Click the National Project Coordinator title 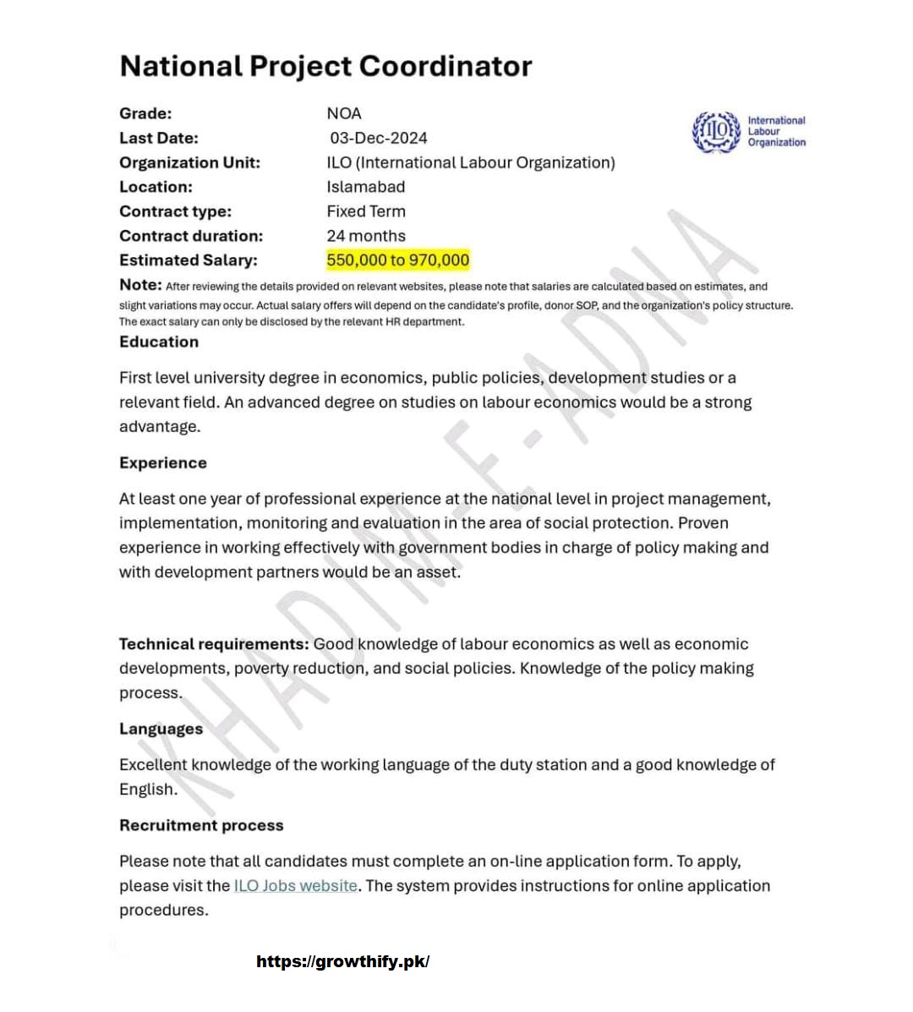click(x=325, y=67)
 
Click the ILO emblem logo click(x=715, y=132)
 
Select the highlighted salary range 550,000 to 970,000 click(x=397, y=260)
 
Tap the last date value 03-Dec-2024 click(x=378, y=138)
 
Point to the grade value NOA click(x=343, y=113)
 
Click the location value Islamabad click(x=365, y=187)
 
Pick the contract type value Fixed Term click(x=365, y=211)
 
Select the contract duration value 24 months click(x=365, y=236)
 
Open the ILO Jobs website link click(x=295, y=886)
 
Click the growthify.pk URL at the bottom click(x=342, y=962)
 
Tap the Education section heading click(x=159, y=342)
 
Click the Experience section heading click(x=162, y=463)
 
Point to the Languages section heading click(x=161, y=729)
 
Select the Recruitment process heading click(x=201, y=825)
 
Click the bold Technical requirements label click(x=214, y=644)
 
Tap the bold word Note click(x=139, y=285)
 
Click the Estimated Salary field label click(x=188, y=260)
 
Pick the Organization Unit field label click(x=189, y=162)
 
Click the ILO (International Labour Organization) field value click(x=470, y=162)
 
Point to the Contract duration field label click(x=190, y=236)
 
